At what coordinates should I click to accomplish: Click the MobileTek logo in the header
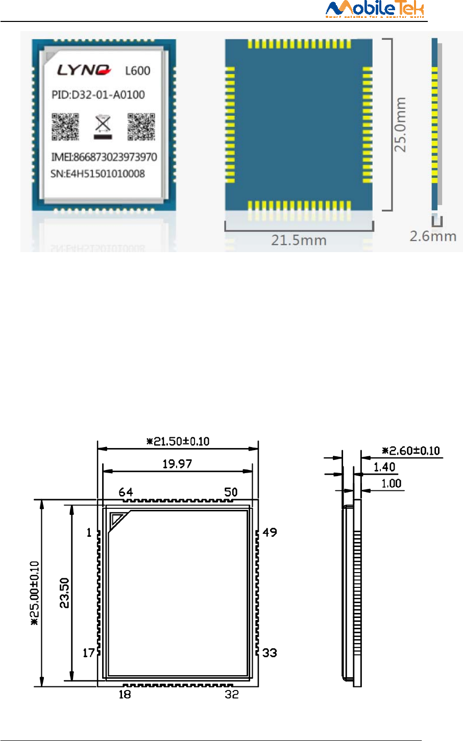375,9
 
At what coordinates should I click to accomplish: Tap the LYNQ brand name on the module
84,70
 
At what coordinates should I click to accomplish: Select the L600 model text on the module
138,70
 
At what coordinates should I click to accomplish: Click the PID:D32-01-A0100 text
98,95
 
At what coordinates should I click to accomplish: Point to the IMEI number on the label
104,157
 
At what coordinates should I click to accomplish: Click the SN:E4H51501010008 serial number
98,174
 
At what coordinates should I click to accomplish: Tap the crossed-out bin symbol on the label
103,126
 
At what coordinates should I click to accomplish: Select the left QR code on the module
65,127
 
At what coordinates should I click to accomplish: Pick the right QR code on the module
141,127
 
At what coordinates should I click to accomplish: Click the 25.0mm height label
401,125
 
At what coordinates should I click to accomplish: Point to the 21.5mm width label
299,240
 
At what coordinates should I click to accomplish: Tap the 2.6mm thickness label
433,236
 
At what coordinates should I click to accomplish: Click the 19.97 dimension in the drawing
177,464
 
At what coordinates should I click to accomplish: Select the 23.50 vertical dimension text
65,593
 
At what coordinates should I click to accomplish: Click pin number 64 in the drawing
126,492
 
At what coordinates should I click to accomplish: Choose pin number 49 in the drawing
270,532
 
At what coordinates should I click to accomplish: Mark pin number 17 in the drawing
89,653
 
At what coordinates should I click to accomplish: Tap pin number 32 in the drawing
232,694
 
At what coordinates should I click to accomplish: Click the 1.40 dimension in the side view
384,467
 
